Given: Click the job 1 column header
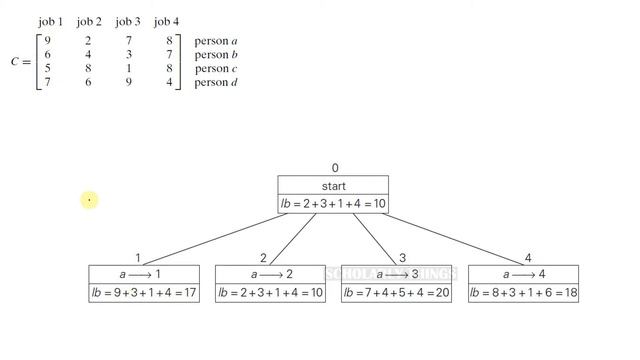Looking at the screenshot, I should coord(50,21).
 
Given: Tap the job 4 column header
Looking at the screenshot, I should coord(166,21).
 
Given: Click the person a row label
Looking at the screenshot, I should coord(215,42).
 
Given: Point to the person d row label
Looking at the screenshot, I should coord(215,84).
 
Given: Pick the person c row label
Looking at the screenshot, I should coord(215,70).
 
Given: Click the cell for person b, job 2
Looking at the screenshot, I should coord(88,56).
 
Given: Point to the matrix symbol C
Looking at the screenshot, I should coord(15,62).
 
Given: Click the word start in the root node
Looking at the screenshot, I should coord(333,186).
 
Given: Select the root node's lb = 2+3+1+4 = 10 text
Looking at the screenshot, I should coord(333,204).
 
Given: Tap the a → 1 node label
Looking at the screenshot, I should coord(143,274).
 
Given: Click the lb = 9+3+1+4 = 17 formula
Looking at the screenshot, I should coord(143,293).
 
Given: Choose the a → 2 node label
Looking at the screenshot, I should coord(269,274).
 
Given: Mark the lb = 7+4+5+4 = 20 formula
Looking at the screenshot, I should coord(396,293).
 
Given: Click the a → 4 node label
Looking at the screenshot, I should coord(523,274).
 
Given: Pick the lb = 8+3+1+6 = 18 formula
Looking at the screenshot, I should coord(523,293).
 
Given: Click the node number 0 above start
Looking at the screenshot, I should coord(335,169).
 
